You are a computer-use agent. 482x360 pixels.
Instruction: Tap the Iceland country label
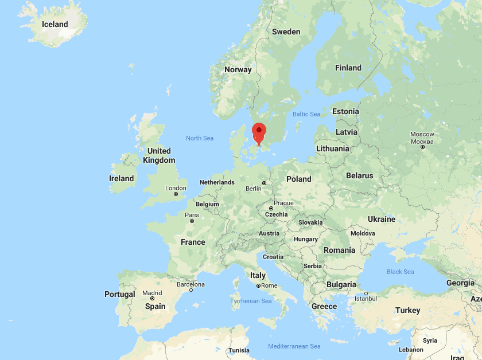55,24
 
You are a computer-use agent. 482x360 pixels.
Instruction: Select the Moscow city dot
422,147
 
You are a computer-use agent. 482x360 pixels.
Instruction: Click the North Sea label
200,138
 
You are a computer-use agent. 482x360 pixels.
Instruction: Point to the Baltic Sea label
306,114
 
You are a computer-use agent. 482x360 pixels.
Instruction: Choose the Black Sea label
400,272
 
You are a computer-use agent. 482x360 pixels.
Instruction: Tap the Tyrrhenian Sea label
251,301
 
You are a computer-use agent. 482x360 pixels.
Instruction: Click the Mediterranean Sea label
294,346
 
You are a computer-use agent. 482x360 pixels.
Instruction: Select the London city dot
176,194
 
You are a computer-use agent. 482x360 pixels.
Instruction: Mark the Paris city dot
192,221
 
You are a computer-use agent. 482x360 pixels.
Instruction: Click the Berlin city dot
264,183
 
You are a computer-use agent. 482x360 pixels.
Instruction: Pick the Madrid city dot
152,298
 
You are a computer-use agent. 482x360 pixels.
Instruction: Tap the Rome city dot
258,285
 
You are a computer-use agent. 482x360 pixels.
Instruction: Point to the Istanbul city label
365,299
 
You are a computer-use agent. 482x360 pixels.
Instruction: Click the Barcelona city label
191,284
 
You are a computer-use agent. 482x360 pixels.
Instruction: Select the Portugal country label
120,294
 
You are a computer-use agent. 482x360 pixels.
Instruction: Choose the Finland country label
348,68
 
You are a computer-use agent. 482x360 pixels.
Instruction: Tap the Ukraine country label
382,219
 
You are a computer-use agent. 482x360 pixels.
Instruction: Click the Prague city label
283,203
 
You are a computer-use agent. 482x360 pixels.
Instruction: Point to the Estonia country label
345,111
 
